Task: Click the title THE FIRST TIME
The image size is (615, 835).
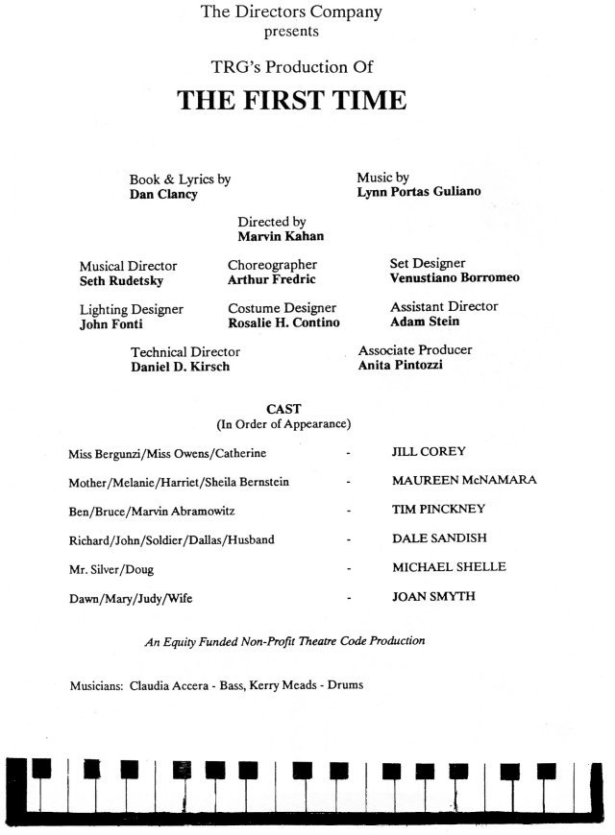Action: pyautogui.click(x=292, y=100)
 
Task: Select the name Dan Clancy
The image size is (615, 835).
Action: pyautogui.click(x=163, y=195)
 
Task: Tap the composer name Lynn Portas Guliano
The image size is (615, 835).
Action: pyautogui.click(x=419, y=192)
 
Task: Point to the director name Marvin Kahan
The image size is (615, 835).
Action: pyautogui.click(x=281, y=236)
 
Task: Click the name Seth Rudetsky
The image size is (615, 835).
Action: pyautogui.click(x=122, y=280)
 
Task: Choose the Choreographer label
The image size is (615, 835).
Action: pyautogui.click(x=272, y=265)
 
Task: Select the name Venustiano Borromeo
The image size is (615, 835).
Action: pyautogui.click(x=455, y=277)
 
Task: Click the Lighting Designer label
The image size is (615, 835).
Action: pyautogui.click(x=132, y=309)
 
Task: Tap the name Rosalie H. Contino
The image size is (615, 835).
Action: pyautogui.click(x=283, y=322)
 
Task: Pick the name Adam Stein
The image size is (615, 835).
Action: pyautogui.click(x=425, y=322)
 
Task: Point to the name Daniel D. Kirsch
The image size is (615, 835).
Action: pyautogui.click(x=181, y=367)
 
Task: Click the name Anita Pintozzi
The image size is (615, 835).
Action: pyautogui.click(x=401, y=365)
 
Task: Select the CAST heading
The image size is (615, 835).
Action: pyautogui.click(x=283, y=409)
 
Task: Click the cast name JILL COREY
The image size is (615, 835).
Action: pyautogui.click(x=429, y=452)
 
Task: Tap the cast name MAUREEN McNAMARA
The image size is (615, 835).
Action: pyautogui.click(x=464, y=480)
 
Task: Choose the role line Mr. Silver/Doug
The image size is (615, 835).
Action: pyautogui.click(x=111, y=569)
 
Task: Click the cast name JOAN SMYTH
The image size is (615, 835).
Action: pyautogui.click(x=433, y=596)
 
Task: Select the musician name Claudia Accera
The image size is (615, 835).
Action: pyautogui.click(x=169, y=685)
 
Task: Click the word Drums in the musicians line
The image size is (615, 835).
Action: pyautogui.click(x=345, y=685)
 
